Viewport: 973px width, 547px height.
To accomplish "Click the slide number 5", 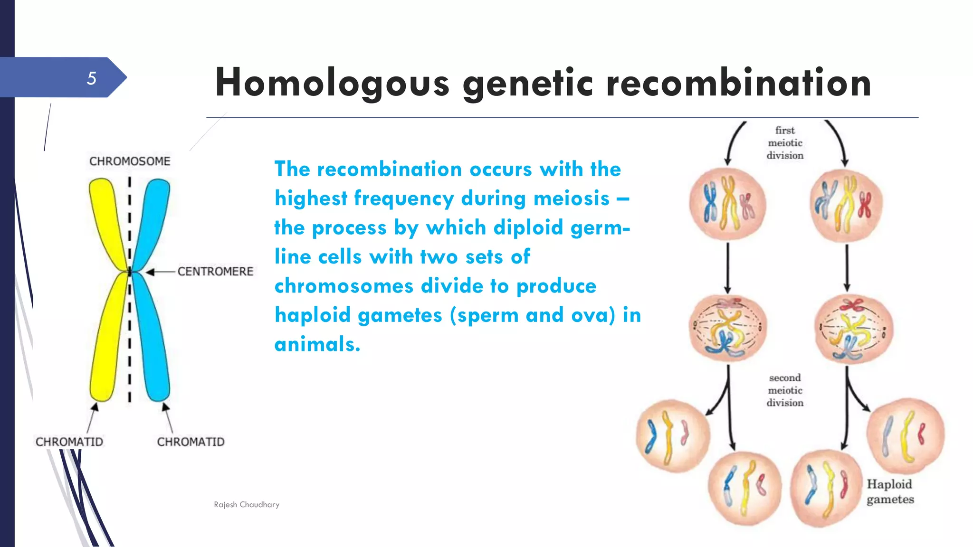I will coord(91,78).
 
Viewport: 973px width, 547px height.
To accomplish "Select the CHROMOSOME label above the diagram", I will coord(130,161).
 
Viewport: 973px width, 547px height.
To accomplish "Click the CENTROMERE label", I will coord(215,272).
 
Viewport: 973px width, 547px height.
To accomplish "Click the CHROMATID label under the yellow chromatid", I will coord(69,442).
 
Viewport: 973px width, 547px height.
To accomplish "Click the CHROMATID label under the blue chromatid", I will coord(191,442).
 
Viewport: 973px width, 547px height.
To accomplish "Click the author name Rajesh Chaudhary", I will coord(247,505).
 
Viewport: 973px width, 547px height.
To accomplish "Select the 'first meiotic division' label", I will coord(785,143).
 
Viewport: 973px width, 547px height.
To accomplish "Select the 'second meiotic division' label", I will coord(785,390).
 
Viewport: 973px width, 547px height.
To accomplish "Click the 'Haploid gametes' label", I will coord(890,492).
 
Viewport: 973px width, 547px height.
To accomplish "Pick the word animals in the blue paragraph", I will coord(317,344).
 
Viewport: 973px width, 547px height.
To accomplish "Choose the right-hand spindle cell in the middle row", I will coord(854,329).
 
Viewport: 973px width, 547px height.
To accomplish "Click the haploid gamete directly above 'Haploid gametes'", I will coord(905,436).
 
